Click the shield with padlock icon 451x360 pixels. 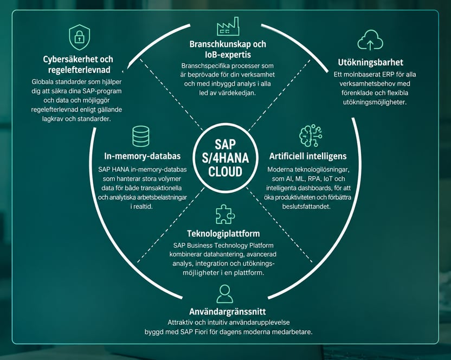(79, 37)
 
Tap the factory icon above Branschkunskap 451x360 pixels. (228, 26)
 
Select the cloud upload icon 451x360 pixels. (370, 40)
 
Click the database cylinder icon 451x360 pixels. (140, 137)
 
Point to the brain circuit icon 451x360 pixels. (311, 136)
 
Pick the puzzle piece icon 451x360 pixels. (225, 214)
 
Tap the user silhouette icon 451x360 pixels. (224, 294)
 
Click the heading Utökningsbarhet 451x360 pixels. (370, 62)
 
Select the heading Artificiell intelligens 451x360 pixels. (308, 156)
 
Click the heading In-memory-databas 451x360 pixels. (143, 156)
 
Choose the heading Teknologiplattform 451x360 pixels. (223, 234)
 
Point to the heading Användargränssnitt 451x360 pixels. (227, 312)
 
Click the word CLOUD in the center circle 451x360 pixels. (225, 172)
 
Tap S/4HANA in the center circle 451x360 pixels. (225, 158)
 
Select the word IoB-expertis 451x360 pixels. (228, 55)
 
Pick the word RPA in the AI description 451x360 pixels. (314, 179)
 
